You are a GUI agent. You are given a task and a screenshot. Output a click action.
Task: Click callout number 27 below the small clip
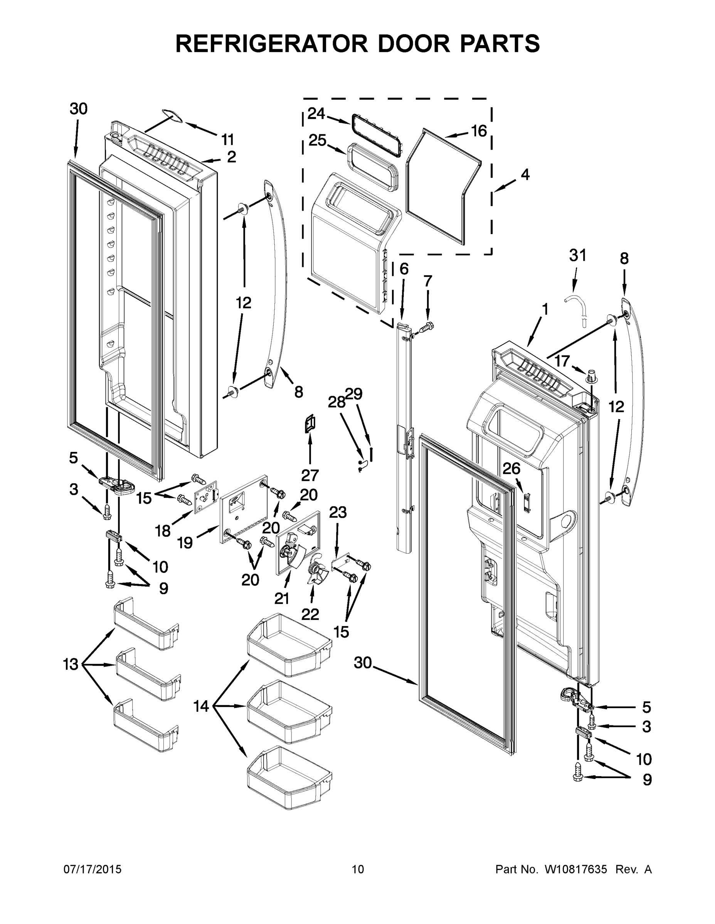coord(310,475)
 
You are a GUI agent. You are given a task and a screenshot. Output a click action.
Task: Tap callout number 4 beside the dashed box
coord(525,174)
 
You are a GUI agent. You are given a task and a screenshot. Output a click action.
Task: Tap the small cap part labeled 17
coord(592,375)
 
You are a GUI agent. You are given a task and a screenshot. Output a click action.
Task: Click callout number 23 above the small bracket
coord(338,512)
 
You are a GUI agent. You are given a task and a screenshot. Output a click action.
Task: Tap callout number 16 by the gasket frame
coord(479,131)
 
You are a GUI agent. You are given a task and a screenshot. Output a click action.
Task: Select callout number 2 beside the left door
coord(231,157)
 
